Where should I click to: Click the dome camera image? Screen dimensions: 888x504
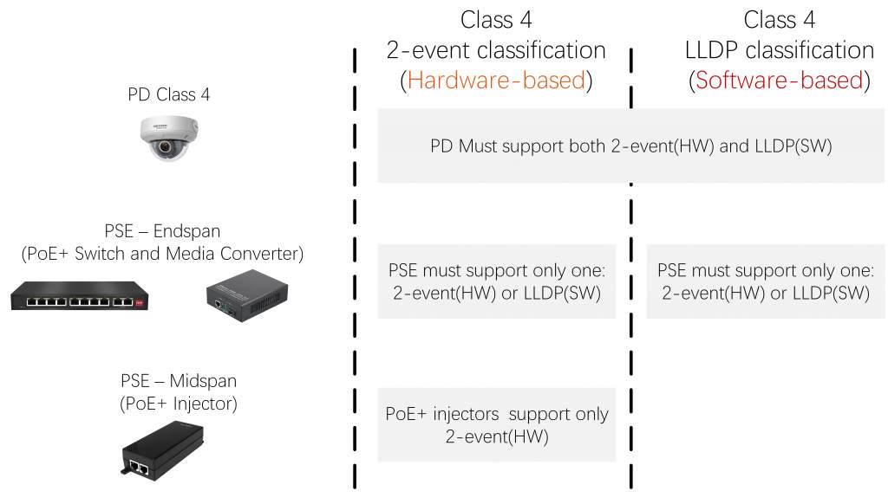(x=169, y=138)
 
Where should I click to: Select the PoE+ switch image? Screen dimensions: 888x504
(x=79, y=295)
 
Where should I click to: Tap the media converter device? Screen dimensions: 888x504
(x=247, y=295)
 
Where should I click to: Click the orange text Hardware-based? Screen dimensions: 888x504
(x=496, y=81)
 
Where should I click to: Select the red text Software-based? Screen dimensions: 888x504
(x=780, y=81)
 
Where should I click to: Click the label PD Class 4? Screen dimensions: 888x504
(x=169, y=94)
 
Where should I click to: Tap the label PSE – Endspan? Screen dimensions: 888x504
(x=162, y=231)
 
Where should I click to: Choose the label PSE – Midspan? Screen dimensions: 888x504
(x=179, y=381)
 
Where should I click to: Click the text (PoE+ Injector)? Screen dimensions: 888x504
(x=179, y=404)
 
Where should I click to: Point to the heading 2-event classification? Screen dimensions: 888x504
(x=496, y=50)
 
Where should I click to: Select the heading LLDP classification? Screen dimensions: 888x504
(x=780, y=50)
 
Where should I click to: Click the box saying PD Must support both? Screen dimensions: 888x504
(x=631, y=145)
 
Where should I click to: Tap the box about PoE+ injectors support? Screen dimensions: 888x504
(x=497, y=425)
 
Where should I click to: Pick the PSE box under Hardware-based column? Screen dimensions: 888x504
(x=497, y=281)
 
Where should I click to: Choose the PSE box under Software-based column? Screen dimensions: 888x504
(x=765, y=281)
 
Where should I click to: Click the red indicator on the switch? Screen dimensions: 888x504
(x=140, y=302)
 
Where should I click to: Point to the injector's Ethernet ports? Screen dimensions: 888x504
(x=140, y=468)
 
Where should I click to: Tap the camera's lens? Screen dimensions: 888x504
(x=165, y=147)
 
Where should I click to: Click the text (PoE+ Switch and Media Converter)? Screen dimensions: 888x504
(x=162, y=254)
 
